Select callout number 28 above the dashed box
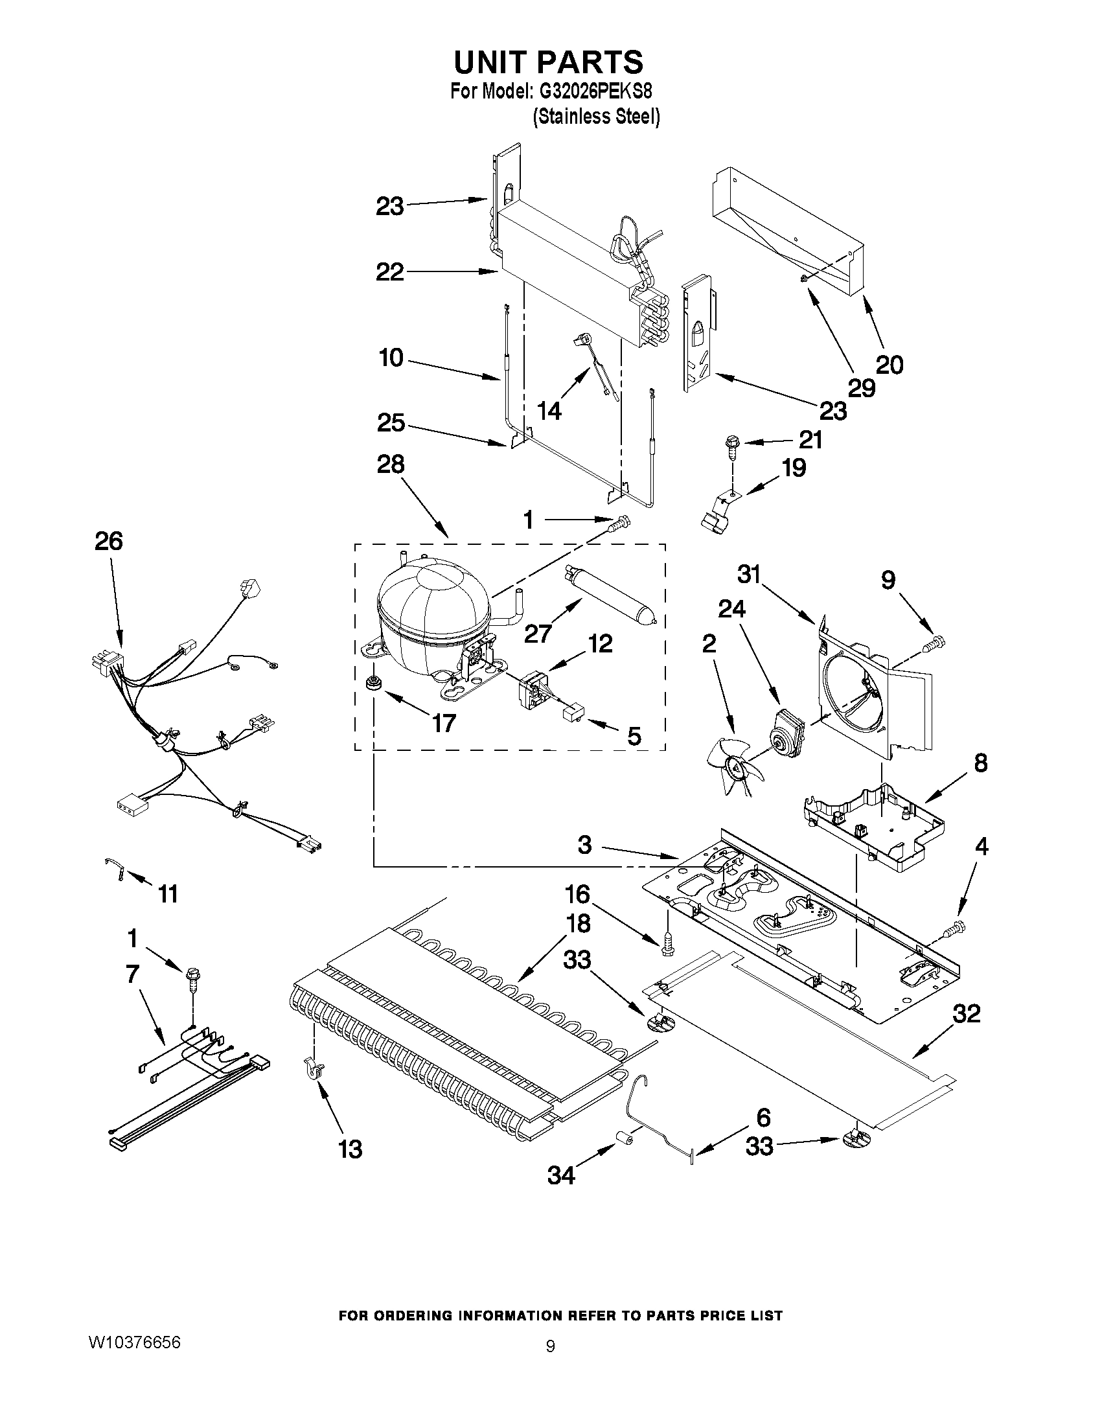391,465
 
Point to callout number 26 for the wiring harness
108,541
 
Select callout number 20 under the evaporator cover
889,364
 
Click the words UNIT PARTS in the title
549,62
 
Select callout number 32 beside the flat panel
967,1014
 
